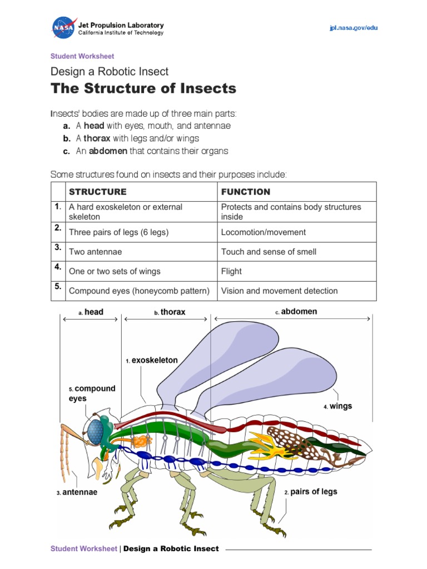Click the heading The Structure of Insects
[143, 88]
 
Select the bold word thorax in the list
[97, 138]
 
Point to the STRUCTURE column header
[97, 192]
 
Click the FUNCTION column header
[246, 192]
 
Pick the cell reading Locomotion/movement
[263, 232]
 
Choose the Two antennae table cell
[95, 252]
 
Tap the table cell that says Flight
[231, 271]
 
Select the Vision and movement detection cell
[279, 291]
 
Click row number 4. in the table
[58, 266]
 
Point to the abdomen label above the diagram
[299, 312]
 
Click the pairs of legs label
[313, 492]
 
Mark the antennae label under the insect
[80, 492]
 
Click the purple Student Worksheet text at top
[82, 56]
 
